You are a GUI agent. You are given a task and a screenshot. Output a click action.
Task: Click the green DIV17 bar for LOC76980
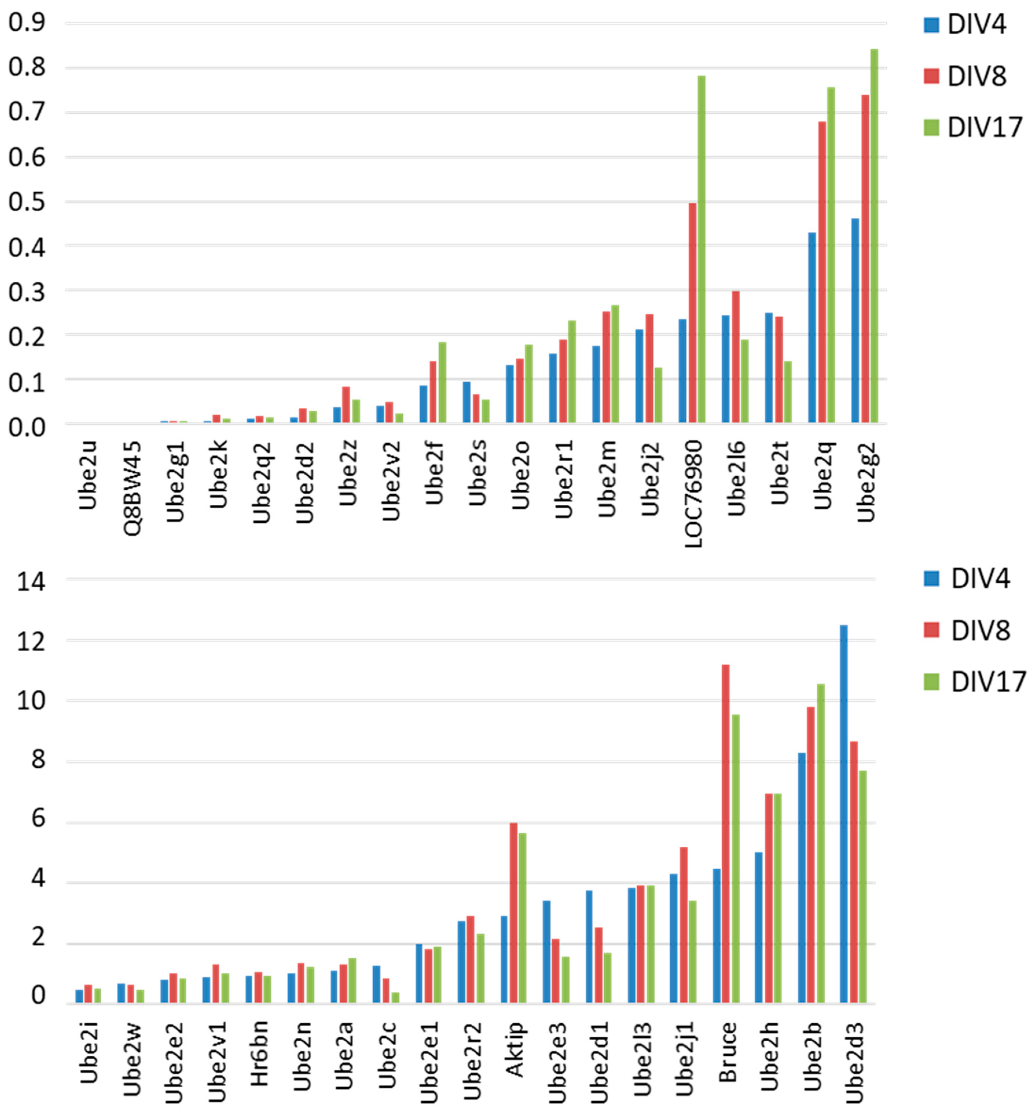coord(701,249)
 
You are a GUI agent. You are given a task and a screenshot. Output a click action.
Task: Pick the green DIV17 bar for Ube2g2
coord(874,235)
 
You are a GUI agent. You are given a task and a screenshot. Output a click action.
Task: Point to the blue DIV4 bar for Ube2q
coord(812,328)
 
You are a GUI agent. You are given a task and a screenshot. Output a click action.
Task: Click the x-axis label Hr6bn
coord(259,1053)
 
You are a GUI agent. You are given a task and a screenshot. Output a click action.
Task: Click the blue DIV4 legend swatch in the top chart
coord(931,25)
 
